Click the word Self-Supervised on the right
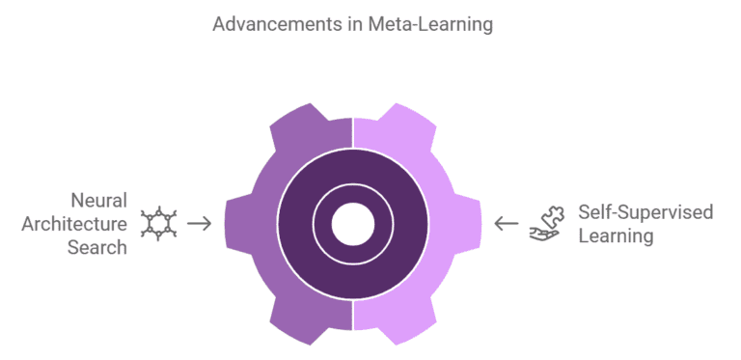point(645,211)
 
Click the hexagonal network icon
point(158,224)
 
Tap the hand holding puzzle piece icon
point(545,223)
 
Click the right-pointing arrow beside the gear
point(199,223)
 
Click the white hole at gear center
point(352,224)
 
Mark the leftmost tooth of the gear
point(235,223)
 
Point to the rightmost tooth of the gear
point(470,223)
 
